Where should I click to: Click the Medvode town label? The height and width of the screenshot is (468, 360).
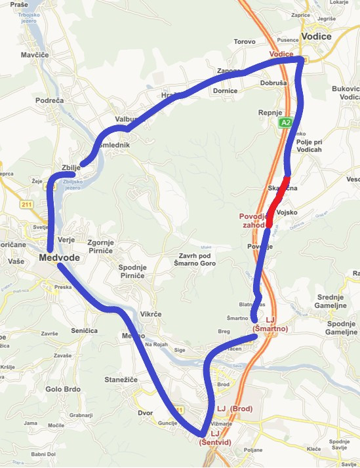(x=59, y=258)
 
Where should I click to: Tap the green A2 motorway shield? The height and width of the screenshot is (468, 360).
(x=285, y=123)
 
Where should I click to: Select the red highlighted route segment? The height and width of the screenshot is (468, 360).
(x=278, y=201)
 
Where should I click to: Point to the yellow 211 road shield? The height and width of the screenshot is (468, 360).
(x=26, y=205)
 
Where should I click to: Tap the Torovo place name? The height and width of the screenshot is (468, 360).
(x=244, y=42)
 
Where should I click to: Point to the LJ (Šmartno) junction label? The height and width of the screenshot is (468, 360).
(x=270, y=324)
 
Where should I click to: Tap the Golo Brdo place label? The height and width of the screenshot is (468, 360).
(x=63, y=389)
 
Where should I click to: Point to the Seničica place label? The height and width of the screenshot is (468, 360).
(x=81, y=331)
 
